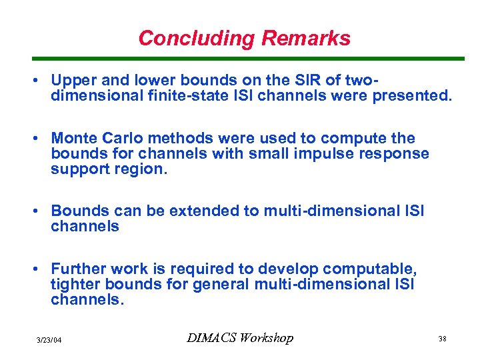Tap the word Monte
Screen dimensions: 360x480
(73, 138)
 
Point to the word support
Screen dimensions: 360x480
(77, 169)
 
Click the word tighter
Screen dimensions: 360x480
(75, 284)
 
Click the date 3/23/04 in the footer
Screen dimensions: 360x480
(49, 340)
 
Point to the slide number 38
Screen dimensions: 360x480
(442, 339)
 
